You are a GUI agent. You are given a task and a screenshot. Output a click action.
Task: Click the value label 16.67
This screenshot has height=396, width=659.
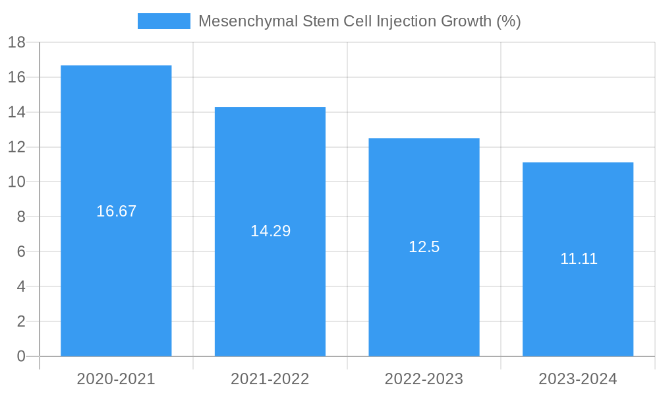(116, 211)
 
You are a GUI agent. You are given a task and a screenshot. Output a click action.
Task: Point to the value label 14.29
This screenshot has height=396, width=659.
(270, 231)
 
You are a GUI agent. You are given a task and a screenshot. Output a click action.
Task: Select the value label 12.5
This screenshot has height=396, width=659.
(424, 247)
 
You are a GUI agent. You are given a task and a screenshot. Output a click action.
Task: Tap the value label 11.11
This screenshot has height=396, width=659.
(579, 259)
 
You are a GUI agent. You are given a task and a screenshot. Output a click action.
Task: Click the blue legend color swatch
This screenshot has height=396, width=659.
(163, 21)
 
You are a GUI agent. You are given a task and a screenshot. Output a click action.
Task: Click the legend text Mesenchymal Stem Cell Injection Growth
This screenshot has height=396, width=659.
(359, 21)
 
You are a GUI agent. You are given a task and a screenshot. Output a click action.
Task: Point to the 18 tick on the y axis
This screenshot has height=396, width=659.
(16, 43)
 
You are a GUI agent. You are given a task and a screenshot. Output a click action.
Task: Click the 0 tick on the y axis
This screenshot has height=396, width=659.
(20, 356)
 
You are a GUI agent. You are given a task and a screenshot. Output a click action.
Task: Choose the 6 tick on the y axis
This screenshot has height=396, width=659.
(20, 252)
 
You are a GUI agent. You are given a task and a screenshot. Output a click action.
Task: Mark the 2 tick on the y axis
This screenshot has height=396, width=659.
(20, 322)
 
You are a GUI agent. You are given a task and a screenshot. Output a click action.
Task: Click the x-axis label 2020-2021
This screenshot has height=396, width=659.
(116, 379)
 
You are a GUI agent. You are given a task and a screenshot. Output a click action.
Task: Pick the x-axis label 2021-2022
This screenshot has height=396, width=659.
(270, 379)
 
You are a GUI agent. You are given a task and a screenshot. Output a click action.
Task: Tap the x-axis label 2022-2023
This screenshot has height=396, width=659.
(424, 379)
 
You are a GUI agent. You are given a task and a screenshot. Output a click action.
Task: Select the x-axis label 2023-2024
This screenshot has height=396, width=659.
(578, 379)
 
